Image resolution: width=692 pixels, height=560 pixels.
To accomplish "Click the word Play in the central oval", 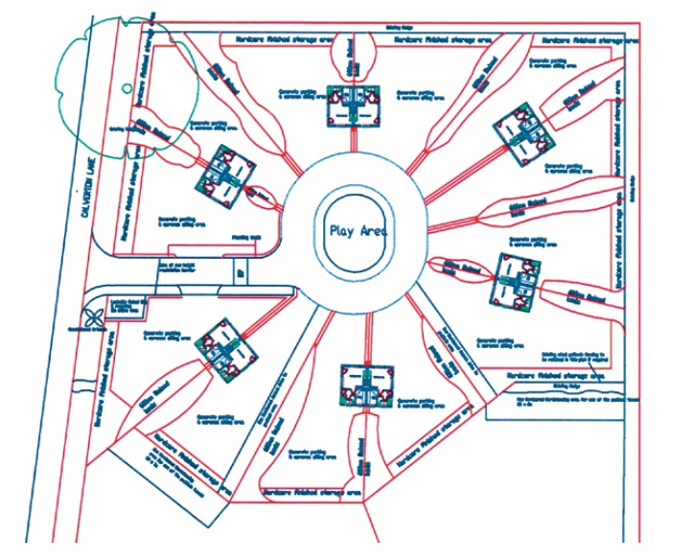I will pos(340,230).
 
